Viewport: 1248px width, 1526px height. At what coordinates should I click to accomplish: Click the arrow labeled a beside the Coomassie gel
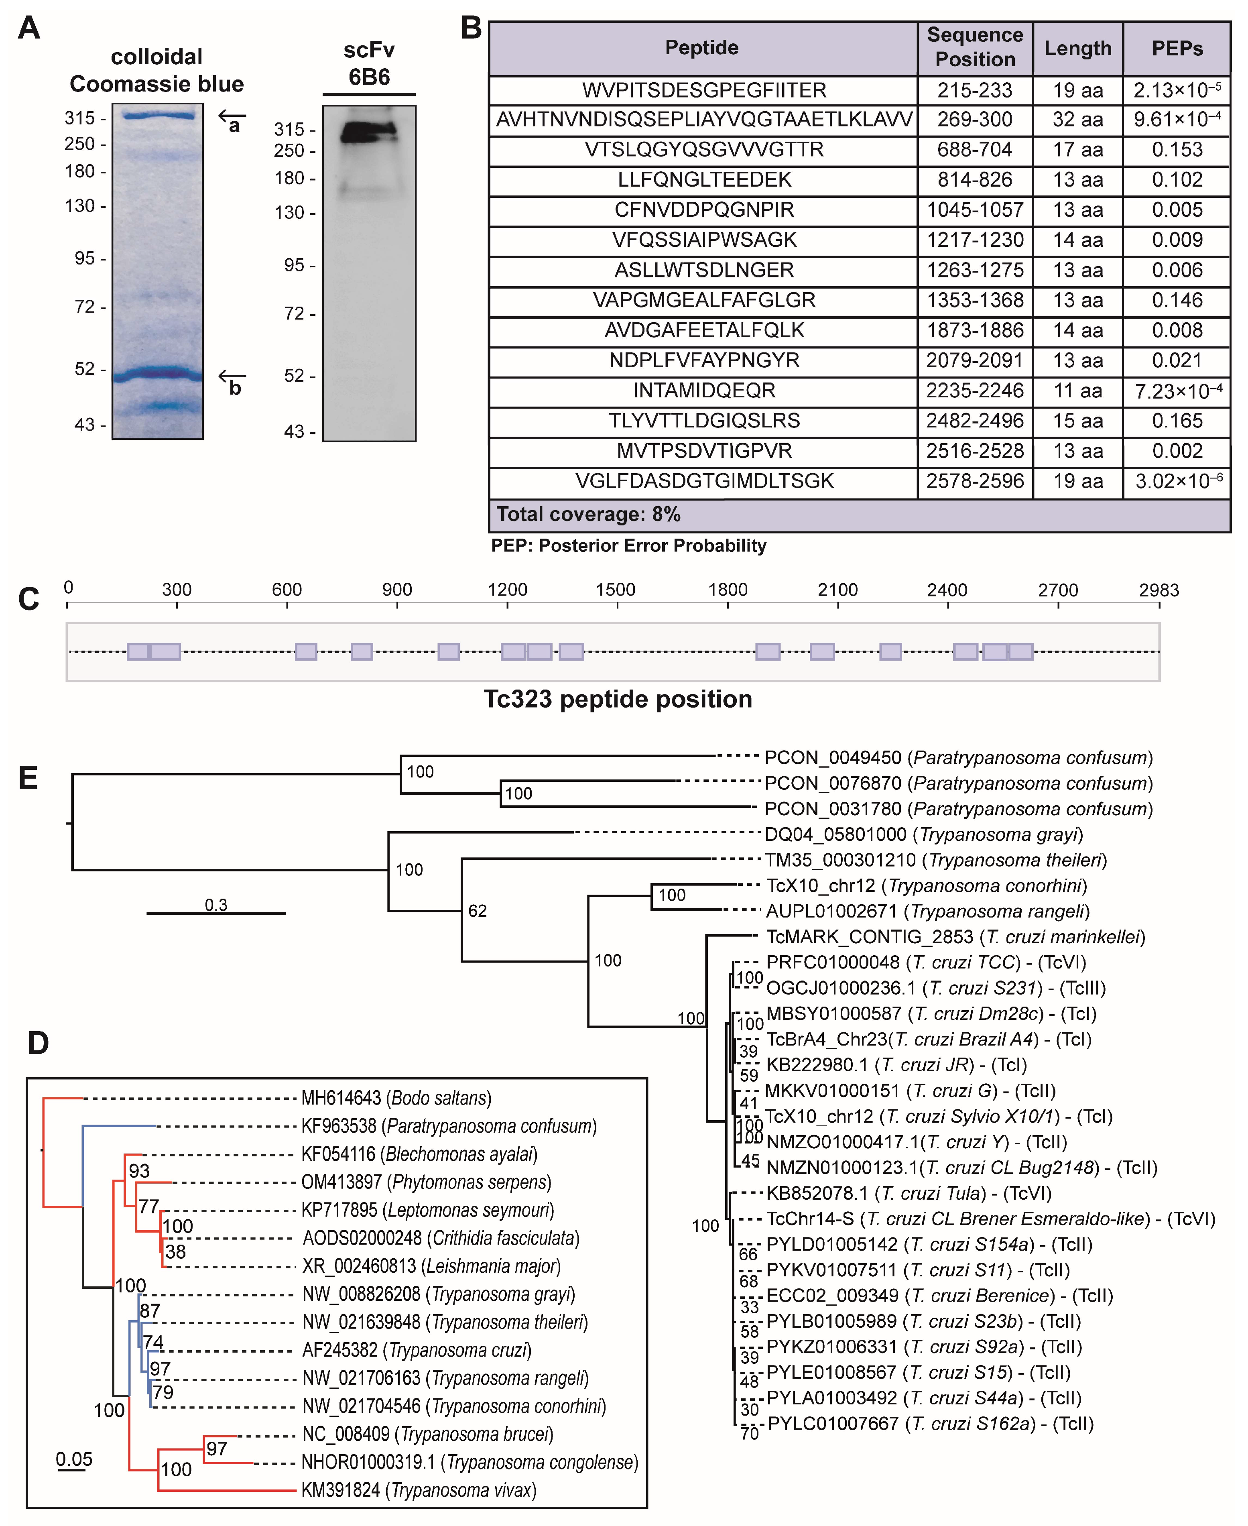(x=232, y=115)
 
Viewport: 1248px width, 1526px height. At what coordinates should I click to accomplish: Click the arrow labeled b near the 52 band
(x=232, y=375)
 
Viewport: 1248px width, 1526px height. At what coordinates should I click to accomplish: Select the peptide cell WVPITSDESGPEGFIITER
(x=704, y=91)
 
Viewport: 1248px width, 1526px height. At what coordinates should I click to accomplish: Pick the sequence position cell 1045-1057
(x=975, y=210)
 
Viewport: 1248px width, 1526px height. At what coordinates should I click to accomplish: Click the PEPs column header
(x=1177, y=48)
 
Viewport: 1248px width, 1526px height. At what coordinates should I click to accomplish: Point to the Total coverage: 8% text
(x=588, y=514)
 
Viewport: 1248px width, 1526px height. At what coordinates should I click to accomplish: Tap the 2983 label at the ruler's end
(x=1158, y=590)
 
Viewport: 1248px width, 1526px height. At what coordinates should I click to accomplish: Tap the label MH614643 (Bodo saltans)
(x=396, y=1098)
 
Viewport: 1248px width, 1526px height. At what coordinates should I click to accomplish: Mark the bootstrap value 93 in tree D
(x=140, y=1171)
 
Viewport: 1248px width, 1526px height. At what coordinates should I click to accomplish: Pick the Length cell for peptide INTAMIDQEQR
(x=1077, y=391)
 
